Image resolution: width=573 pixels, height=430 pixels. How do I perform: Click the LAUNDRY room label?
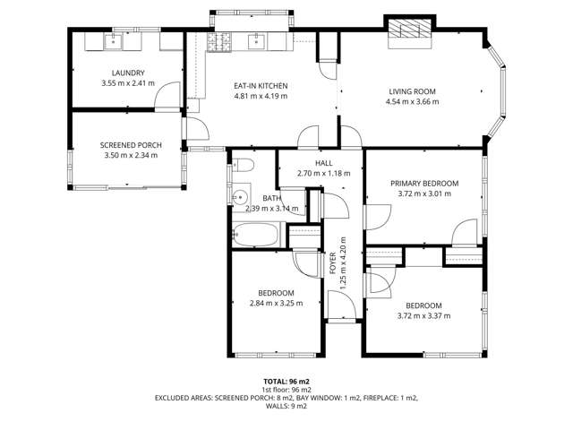click(129, 73)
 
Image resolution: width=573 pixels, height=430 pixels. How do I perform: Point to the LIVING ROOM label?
click(413, 90)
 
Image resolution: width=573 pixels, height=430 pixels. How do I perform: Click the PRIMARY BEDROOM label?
click(423, 183)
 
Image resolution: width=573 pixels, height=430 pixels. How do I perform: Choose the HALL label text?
click(323, 162)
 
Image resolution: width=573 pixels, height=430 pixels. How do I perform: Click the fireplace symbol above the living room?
click(408, 30)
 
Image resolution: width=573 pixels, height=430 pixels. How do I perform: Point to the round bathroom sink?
click(240, 197)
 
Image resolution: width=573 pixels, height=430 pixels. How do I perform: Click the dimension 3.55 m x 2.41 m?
click(129, 83)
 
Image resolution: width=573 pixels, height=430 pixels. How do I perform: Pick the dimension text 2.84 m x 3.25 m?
click(276, 304)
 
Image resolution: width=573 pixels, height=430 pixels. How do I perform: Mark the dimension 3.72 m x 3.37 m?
click(423, 315)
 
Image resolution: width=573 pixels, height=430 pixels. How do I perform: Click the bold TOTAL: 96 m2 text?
click(286, 381)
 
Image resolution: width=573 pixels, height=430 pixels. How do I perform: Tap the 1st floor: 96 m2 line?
click(286, 389)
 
